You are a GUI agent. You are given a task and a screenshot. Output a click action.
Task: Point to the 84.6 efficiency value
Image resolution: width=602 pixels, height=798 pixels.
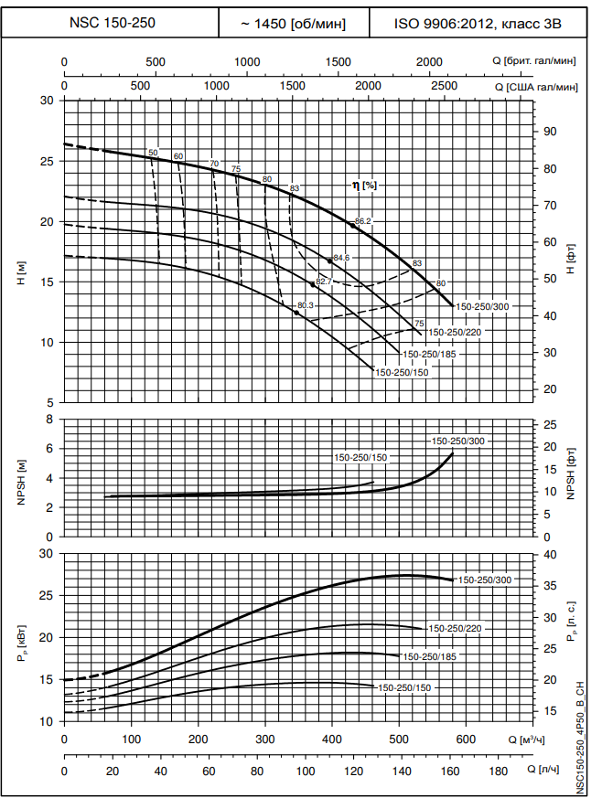pyautogui.click(x=342, y=258)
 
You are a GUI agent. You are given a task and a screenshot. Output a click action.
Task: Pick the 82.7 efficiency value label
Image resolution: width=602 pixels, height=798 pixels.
pyautogui.click(x=324, y=282)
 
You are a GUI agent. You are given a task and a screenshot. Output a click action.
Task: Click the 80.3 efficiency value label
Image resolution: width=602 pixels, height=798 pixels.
pyautogui.click(x=306, y=305)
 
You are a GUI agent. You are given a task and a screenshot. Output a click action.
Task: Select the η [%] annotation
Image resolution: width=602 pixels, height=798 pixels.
pyautogui.click(x=364, y=185)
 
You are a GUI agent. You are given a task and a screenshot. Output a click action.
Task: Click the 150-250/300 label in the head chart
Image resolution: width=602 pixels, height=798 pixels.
pyautogui.click(x=482, y=306)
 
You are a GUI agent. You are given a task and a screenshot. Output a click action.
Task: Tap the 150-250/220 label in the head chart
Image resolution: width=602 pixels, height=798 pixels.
pyautogui.click(x=455, y=332)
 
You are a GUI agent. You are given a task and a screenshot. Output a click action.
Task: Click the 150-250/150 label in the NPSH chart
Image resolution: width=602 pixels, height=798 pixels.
pyautogui.click(x=361, y=457)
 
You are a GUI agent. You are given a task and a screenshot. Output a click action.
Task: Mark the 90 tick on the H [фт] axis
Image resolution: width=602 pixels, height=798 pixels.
pyautogui.click(x=550, y=132)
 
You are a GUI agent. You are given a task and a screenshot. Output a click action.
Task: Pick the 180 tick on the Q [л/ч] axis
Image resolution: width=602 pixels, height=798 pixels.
pyautogui.click(x=499, y=772)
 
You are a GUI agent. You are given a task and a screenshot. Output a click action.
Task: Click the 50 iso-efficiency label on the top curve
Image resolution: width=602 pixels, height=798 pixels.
pyautogui.click(x=153, y=153)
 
